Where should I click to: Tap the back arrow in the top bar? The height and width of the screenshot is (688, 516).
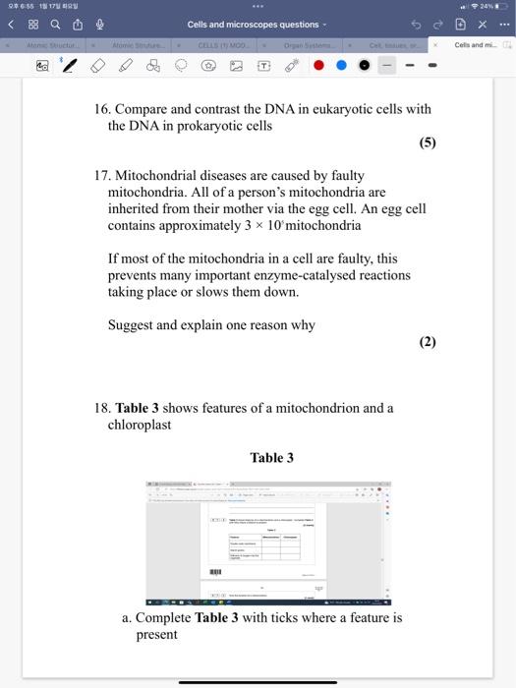(x=12, y=25)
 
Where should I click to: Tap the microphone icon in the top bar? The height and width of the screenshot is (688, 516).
(x=99, y=25)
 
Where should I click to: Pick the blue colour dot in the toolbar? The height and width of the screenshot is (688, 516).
(x=341, y=67)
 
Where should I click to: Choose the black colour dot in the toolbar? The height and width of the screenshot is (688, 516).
(x=363, y=67)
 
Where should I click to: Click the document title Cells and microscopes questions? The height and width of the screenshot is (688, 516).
(x=254, y=25)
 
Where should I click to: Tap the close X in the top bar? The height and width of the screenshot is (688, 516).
(x=482, y=25)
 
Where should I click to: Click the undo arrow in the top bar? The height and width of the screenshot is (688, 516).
(x=417, y=25)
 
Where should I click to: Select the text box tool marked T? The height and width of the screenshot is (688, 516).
(x=263, y=67)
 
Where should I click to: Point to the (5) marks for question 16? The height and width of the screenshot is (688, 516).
(x=427, y=143)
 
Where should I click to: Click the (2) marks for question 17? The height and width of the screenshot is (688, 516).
(x=427, y=342)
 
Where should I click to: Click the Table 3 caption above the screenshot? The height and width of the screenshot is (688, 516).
(x=272, y=458)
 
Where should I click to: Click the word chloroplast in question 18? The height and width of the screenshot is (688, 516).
(x=140, y=425)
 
